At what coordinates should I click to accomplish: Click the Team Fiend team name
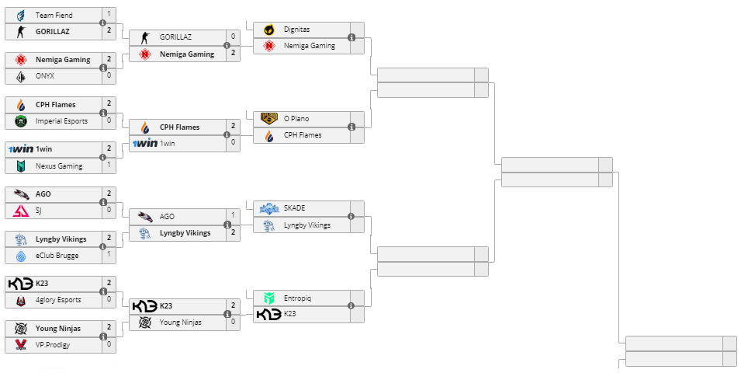[x=54, y=15]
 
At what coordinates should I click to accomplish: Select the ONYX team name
[x=45, y=76]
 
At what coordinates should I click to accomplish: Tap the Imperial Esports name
[x=61, y=121]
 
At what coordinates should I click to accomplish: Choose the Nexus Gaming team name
[x=59, y=166]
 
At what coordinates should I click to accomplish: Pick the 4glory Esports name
[x=58, y=300]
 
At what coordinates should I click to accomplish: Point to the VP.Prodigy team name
[x=53, y=345]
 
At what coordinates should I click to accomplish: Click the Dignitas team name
[x=296, y=30]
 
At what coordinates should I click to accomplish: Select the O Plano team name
[x=296, y=119]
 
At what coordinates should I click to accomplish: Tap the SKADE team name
[x=295, y=208]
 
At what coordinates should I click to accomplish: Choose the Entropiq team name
[x=298, y=298]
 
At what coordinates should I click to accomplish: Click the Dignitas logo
[x=269, y=30]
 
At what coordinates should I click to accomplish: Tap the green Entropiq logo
[x=269, y=298]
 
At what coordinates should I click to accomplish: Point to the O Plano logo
[x=269, y=119]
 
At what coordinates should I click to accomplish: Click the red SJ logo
[x=21, y=211]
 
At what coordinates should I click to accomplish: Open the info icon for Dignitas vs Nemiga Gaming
[x=351, y=37]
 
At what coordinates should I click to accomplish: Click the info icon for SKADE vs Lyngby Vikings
[x=351, y=217]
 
